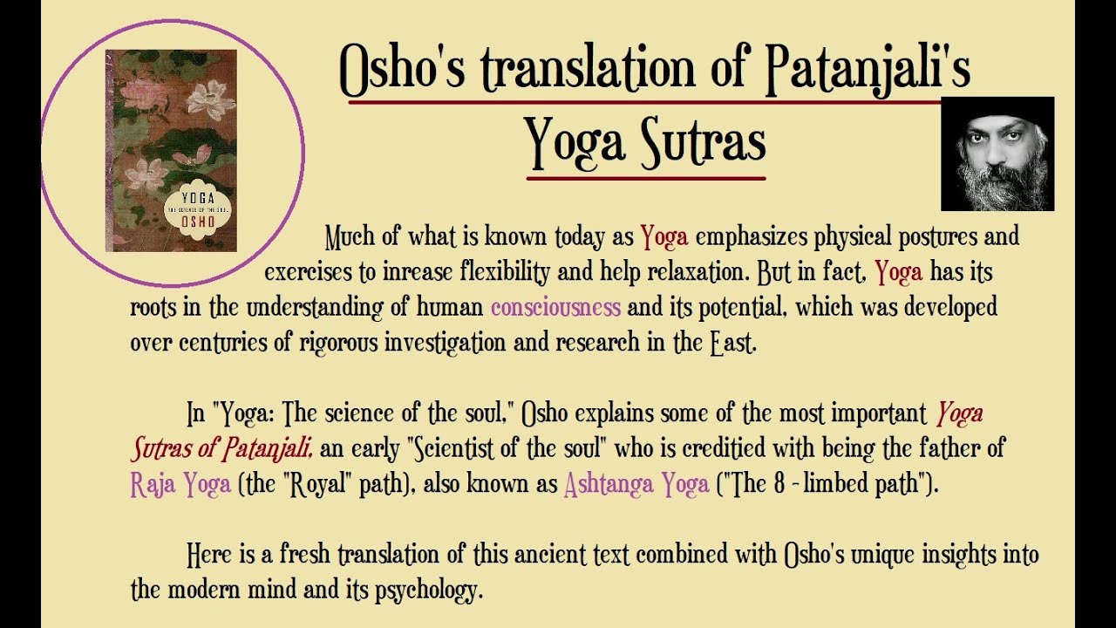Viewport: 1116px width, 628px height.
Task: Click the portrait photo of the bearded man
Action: click(x=997, y=154)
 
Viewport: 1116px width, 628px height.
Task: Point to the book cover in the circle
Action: click(x=171, y=151)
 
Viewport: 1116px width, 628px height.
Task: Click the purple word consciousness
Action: click(x=555, y=307)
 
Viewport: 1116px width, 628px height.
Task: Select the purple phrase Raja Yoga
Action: click(x=180, y=484)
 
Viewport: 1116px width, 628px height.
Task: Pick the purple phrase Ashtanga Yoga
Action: click(x=636, y=484)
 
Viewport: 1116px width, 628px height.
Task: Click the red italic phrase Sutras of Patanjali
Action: click(x=222, y=449)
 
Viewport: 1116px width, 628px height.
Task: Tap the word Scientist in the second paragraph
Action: click(x=463, y=449)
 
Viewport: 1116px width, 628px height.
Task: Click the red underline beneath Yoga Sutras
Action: click(x=646, y=179)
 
